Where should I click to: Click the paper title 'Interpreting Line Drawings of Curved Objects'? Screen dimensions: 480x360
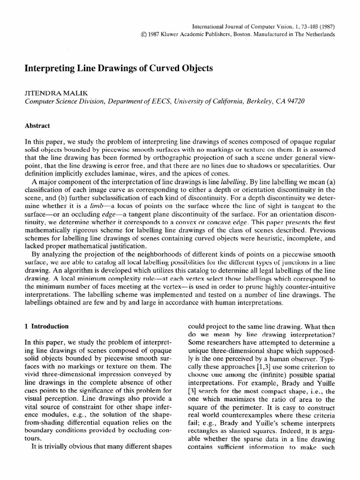(119, 68)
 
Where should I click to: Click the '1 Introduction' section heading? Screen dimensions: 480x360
(46, 326)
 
